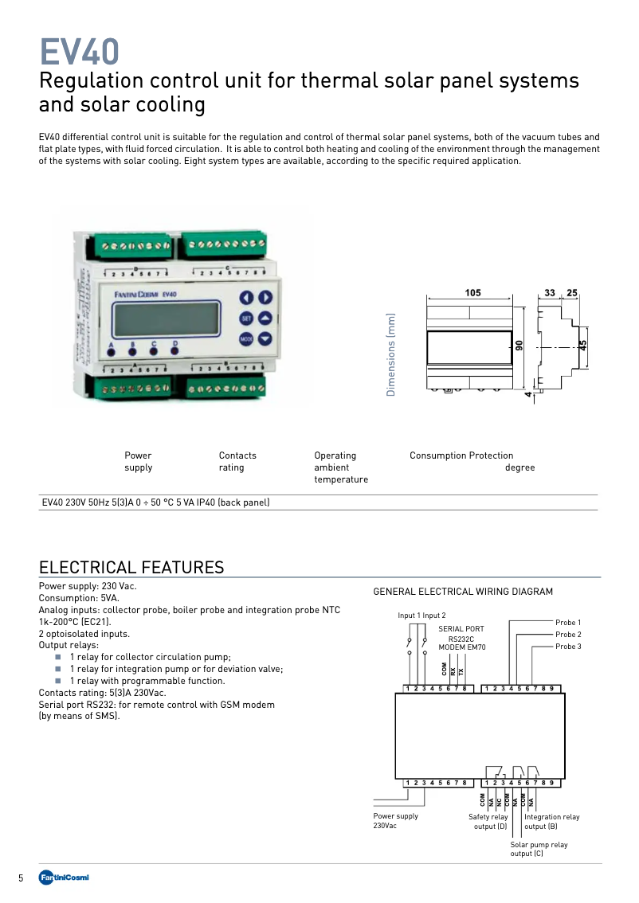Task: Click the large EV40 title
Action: pyautogui.click(x=80, y=53)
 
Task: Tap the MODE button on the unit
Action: pyautogui.click(x=246, y=338)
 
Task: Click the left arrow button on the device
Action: pyautogui.click(x=246, y=298)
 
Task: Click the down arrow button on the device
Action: pyautogui.click(x=265, y=338)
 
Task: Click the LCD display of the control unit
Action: pyautogui.click(x=167, y=319)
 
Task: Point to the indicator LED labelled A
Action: pyautogui.click(x=111, y=352)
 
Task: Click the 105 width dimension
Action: pyautogui.click(x=472, y=293)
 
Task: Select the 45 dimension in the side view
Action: pyautogui.click(x=583, y=345)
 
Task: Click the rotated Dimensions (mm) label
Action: pyautogui.click(x=391, y=354)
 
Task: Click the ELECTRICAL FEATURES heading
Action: pyautogui.click(x=131, y=567)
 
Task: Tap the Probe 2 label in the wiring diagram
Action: pyautogui.click(x=568, y=635)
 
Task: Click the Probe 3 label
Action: pyautogui.click(x=568, y=647)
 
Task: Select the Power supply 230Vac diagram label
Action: pyautogui.click(x=395, y=821)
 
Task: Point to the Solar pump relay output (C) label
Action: pyautogui.click(x=539, y=849)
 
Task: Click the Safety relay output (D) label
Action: pyautogui.click(x=488, y=822)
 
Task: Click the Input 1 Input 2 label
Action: pyautogui.click(x=421, y=616)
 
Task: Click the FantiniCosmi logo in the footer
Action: pyautogui.click(x=64, y=878)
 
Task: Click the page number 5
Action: pyautogui.click(x=22, y=878)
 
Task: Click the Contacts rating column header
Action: pyautogui.click(x=237, y=461)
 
